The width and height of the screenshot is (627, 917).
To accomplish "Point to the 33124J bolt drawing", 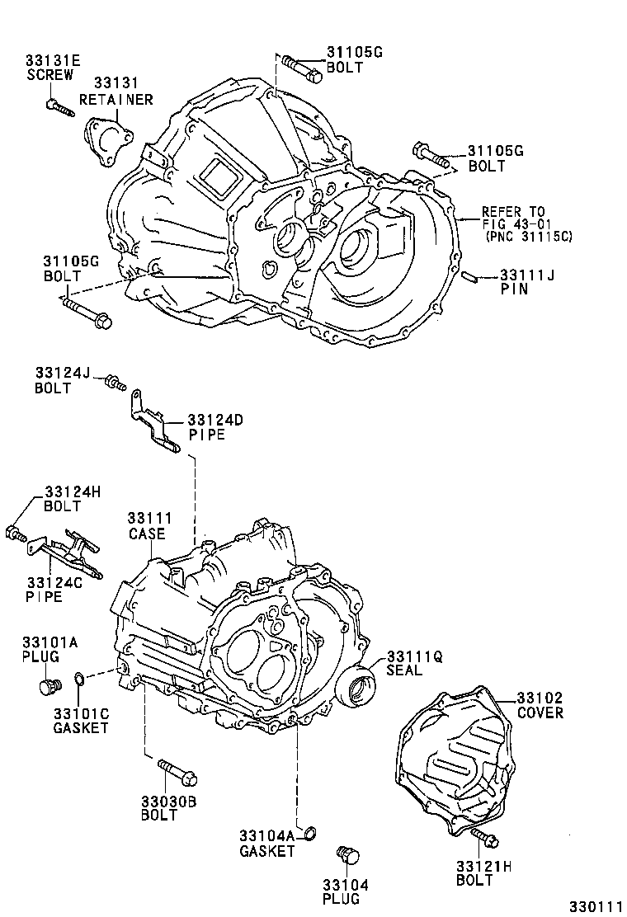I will pos(114,382).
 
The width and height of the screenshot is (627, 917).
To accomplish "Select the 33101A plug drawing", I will pos(49,687).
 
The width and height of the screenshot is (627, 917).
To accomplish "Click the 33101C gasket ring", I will pos(80,679).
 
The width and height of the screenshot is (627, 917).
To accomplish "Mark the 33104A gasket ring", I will pos(311,830).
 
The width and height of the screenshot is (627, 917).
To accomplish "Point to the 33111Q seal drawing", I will pos(358,688).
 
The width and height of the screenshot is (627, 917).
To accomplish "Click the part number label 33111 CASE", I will pos(148,525).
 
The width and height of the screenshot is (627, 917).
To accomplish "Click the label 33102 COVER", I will pos(540,705).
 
